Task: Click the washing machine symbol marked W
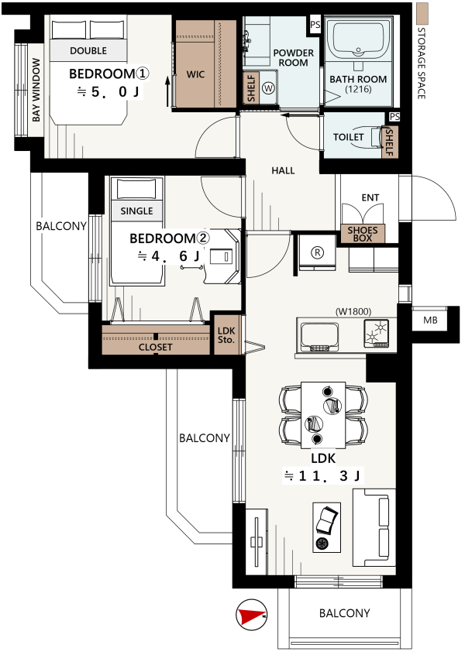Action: tap(269, 87)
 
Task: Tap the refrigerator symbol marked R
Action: tap(318, 252)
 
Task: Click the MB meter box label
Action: tap(430, 320)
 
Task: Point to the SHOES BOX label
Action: tap(363, 234)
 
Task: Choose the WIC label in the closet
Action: tap(195, 74)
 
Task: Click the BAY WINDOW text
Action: tap(36, 90)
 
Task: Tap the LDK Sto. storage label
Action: tap(226, 335)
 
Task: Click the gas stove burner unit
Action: tap(376, 334)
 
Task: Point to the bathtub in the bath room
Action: tap(359, 39)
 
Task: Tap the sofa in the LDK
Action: tap(374, 527)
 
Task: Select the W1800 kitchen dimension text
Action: tap(353, 311)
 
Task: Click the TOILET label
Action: tap(348, 137)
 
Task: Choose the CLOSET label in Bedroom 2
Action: tap(156, 347)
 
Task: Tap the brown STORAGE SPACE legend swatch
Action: tap(423, 13)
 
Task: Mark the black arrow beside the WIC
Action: tap(167, 91)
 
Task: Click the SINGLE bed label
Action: tap(136, 211)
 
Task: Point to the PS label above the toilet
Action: tap(394, 117)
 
